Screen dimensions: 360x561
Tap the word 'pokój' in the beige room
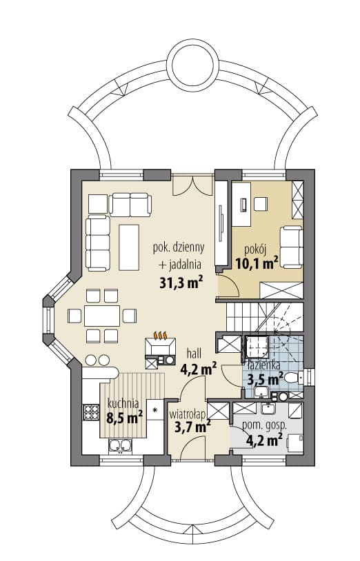click(x=256, y=249)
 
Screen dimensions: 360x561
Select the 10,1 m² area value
click(x=257, y=264)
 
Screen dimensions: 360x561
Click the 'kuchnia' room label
click(x=123, y=404)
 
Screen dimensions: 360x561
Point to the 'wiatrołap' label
click(x=187, y=414)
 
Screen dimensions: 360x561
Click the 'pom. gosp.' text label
click(x=264, y=425)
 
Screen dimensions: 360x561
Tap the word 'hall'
click(x=194, y=354)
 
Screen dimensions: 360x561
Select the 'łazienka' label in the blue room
click(x=264, y=365)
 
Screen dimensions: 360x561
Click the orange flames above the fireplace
click(x=161, y=335)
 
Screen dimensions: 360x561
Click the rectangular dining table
click(x=102, y=316)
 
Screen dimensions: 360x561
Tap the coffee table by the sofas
click(x=129, y=247)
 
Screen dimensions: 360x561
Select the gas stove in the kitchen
click(x=90, y=412)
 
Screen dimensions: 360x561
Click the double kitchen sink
click(x=120, y=446)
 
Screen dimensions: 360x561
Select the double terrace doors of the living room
click(x=193, y=185)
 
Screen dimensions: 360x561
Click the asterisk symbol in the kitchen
click(x=155, y=409)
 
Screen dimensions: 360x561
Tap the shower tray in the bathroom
click(x=257, y=347)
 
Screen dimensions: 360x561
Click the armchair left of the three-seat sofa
click(x=98, y=204)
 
